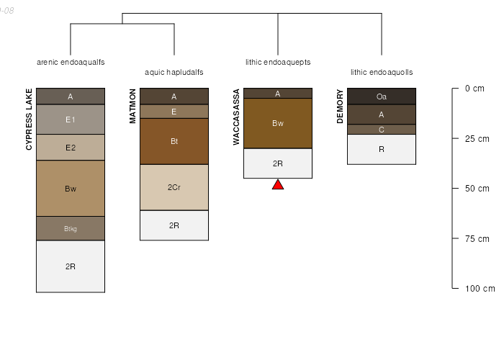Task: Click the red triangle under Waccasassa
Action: point(278,185)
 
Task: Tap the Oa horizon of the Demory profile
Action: point(382,96)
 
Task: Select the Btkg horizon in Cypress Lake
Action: point(71,229)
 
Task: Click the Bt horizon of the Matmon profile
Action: point(174,141)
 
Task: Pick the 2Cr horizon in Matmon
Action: point(174,187)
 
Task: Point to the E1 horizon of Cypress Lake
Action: point(71,120)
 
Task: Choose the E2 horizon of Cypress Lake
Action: point(71,148)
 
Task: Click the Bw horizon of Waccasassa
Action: point(278,123)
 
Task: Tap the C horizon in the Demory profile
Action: point(382,130)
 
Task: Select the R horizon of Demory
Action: point(382,150)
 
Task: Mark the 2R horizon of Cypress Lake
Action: point(71,266)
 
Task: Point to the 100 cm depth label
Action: point(479,289)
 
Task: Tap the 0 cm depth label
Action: point(476,89)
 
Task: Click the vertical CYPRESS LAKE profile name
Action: point(30,119)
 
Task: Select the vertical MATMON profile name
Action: point(133,106)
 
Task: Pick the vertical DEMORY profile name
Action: point(341,106)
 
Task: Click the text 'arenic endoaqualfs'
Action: point(71,63)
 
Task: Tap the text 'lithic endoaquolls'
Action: point(382,73)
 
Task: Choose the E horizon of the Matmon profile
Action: point(174,112)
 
